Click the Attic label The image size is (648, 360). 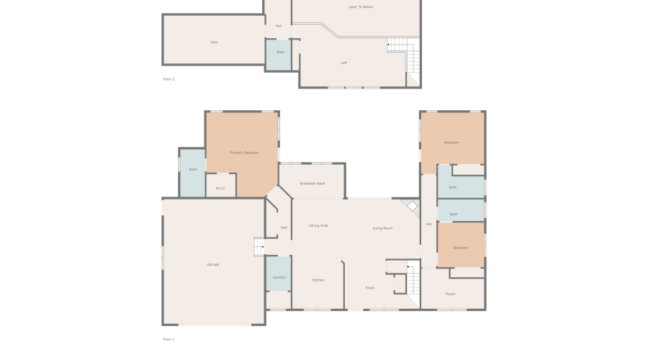tap(214, 42)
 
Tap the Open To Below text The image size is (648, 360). tap(361, 7)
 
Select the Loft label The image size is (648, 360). tap(344, 63)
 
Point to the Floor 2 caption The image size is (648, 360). tap(168, 79)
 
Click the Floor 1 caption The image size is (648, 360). tap(168, 339)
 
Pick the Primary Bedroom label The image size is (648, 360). tap(244, 153)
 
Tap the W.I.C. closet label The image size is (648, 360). tap(220, 189)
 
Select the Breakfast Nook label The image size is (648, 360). tap(312, 184)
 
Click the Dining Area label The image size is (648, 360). tap(318, 226)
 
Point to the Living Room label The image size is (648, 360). tap(382, 228)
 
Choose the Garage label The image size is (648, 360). tap(213, 264)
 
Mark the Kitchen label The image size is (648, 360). tap(318, 280)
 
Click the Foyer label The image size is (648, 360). tap(369, 288)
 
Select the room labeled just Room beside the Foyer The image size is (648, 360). tap(451, 294)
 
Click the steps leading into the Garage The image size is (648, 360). tap(260, 247)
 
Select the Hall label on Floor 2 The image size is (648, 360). tap(278, 26)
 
